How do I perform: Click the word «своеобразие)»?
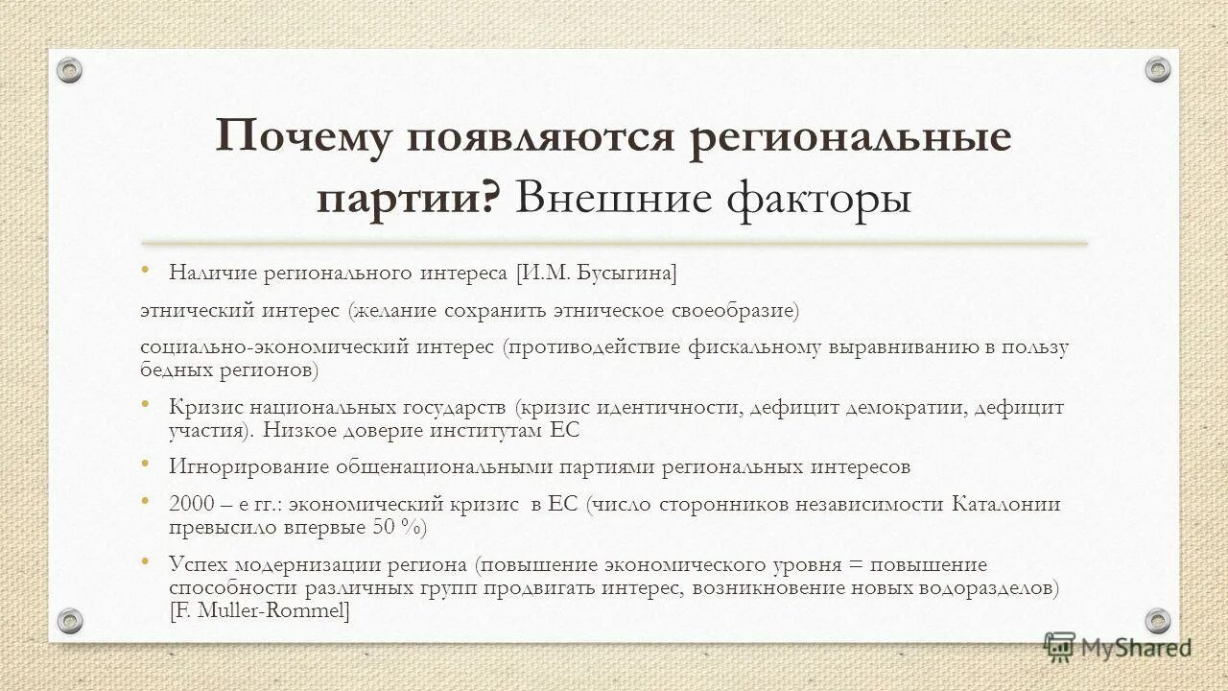(738, 311)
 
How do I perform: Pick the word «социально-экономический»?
(275, 347)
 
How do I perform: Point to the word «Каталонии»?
(1006, 505)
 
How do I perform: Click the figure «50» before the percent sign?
(383, 527)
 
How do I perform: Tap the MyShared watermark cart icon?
(1059, 647)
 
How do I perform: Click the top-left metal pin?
(69, 70)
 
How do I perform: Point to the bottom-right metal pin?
(1158, 620)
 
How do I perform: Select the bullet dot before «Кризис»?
(145, 403)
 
